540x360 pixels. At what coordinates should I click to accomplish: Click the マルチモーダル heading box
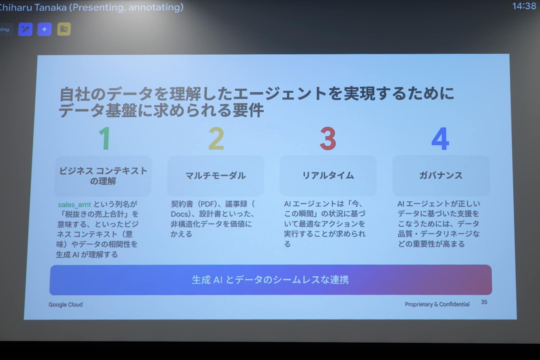216,176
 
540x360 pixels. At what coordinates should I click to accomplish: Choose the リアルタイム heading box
328,175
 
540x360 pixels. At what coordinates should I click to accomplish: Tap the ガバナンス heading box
441,175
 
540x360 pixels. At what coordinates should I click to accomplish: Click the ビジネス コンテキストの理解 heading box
103,176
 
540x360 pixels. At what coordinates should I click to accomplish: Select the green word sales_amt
75,204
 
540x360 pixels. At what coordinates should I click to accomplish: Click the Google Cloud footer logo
66,305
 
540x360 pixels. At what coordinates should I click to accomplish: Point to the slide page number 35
484,302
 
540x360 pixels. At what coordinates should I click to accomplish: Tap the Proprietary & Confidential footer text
437,304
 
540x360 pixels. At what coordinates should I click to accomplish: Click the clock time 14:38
524,6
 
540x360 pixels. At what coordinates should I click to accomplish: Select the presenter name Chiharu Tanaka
33,7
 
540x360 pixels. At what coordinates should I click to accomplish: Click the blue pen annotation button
25,29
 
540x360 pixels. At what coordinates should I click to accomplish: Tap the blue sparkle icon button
44,29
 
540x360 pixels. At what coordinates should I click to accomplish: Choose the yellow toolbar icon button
64,29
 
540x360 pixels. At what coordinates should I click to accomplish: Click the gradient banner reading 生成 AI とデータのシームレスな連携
271,280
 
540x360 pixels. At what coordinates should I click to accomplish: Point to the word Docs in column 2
179,214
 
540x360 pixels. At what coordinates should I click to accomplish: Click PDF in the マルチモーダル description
208,204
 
